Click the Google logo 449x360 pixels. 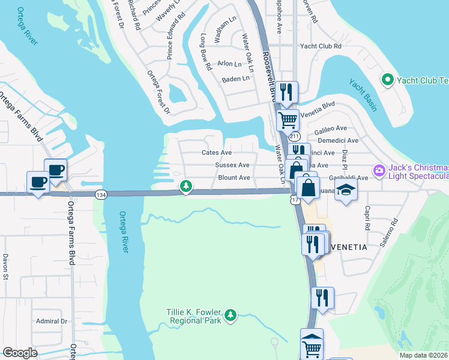tap(20, 353)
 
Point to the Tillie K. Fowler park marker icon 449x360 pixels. tap(231, 314)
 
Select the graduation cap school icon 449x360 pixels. tap(346, 191)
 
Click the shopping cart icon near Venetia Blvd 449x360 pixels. tap(288, 119)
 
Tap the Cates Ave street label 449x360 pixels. tap(217, 152)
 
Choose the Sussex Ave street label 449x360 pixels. tap(232, 164)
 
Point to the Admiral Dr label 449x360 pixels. tap(51, 321)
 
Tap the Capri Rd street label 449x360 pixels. tap(367, 220)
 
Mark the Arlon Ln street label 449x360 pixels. tap(229, 64)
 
